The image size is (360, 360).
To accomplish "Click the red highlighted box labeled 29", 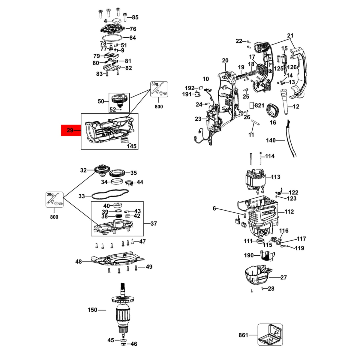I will click(x=71, y=130).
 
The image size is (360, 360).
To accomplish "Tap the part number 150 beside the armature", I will click(x=92, y=310).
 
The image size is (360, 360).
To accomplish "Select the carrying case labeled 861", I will click(x=270, y=334).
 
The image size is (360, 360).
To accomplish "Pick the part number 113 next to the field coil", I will click(x=275, y=177).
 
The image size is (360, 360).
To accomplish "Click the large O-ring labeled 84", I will click(x=112, y=38).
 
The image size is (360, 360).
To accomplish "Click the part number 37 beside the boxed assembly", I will click(x=154, y=223).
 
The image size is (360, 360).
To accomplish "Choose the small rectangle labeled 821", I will click(x=252, y=105).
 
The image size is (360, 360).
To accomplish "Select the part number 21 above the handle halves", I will click(x=290, y=36).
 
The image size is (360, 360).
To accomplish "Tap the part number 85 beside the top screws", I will click(x=135, y=17).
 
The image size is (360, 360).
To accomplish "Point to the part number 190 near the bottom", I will click(x=249, y=255).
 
